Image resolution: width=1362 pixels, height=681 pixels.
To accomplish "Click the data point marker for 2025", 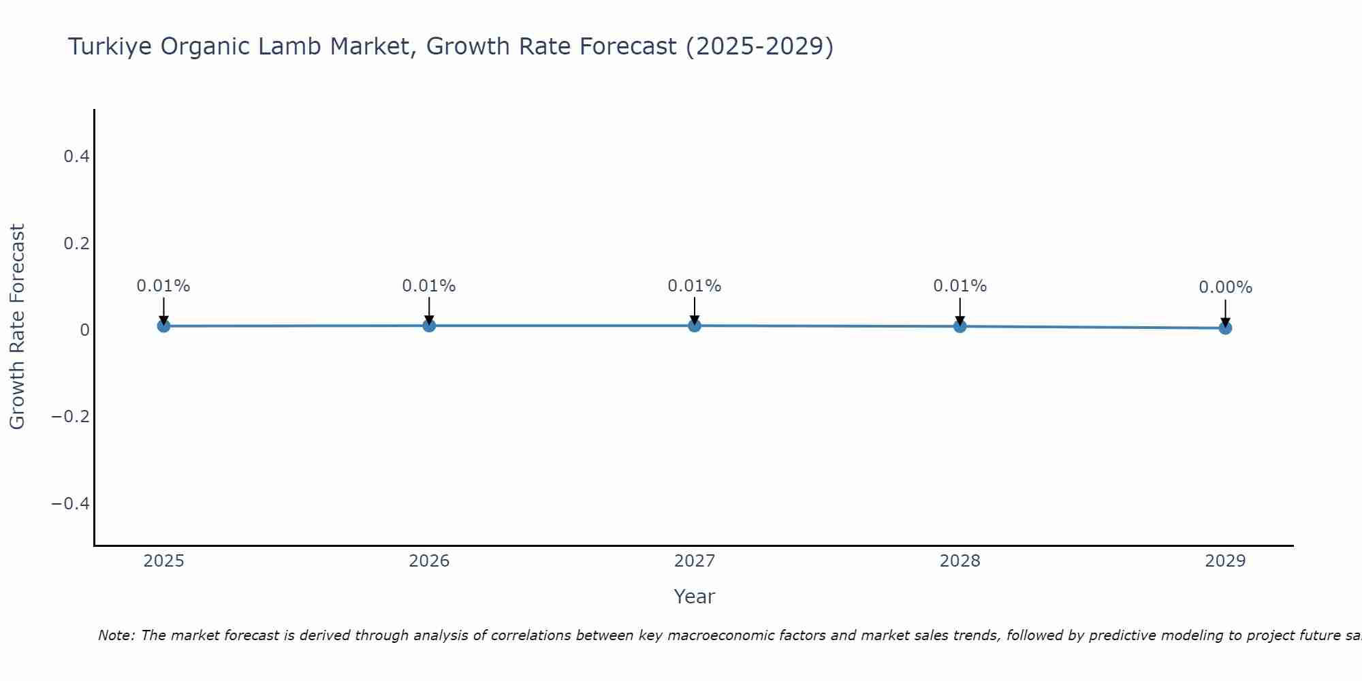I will point(163,326).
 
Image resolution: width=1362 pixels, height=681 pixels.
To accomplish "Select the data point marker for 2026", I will point(429,326).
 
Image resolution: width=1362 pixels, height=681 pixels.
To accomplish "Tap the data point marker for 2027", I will point(695,326).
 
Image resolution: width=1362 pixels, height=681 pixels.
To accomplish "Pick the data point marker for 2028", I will point(960,326).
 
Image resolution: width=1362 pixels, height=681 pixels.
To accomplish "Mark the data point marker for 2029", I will point(1225,328).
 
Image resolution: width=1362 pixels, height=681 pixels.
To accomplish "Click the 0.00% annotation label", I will point(1225,288).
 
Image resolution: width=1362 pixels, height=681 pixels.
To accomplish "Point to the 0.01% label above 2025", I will point(163,286).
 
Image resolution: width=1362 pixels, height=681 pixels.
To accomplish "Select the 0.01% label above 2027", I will point(695,286).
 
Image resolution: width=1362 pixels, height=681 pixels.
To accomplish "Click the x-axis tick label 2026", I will point(429,561).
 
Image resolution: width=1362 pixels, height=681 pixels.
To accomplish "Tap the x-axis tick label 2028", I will point(960,561).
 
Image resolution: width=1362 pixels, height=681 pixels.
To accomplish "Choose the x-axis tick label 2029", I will point(1225,561).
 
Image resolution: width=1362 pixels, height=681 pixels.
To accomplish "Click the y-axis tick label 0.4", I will point(76,157).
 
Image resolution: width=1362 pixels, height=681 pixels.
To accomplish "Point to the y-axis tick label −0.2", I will point(71,416).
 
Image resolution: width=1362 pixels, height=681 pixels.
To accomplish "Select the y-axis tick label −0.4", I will point(71,503).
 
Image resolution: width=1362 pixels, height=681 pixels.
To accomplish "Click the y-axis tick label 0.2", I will point(76,243).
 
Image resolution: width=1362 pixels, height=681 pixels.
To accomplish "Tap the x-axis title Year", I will point(694,597).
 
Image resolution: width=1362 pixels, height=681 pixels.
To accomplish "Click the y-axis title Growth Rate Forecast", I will point(17,327).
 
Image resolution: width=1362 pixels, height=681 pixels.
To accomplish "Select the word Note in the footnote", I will point(116,635).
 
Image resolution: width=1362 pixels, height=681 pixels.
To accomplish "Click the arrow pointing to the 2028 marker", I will point(960,311).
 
